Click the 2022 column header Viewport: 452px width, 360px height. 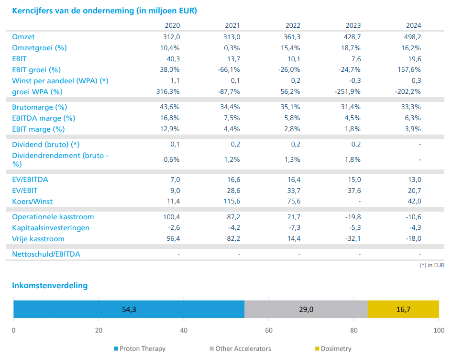293,25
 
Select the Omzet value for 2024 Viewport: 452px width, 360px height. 412,37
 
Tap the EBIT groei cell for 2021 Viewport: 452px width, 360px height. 229,69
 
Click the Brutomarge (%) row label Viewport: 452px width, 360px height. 40,107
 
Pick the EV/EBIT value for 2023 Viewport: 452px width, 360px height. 354,191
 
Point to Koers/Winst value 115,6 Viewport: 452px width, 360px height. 232,201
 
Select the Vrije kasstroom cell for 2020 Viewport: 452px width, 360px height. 173,238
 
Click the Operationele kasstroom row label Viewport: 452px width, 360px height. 53,217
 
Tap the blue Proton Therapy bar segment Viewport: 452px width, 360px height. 129,309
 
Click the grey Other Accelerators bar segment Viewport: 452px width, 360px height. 306,309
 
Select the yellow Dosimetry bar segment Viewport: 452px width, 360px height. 403,309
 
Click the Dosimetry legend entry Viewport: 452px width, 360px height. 333,349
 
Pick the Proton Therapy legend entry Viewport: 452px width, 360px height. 140,349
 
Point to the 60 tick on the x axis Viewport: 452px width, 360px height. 269,330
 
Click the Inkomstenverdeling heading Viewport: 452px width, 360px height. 50,285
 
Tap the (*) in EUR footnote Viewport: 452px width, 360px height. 431,265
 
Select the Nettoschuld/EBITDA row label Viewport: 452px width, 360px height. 46,254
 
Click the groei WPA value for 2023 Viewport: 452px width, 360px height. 347,91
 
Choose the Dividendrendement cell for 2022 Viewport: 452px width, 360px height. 292,159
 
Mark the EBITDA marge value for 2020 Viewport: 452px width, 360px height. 170,118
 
